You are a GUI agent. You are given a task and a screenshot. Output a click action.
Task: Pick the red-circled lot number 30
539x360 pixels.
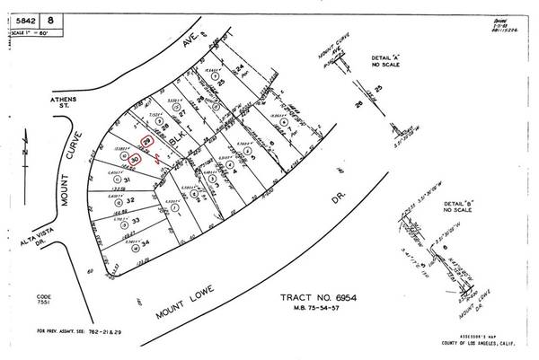pos(135,159)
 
